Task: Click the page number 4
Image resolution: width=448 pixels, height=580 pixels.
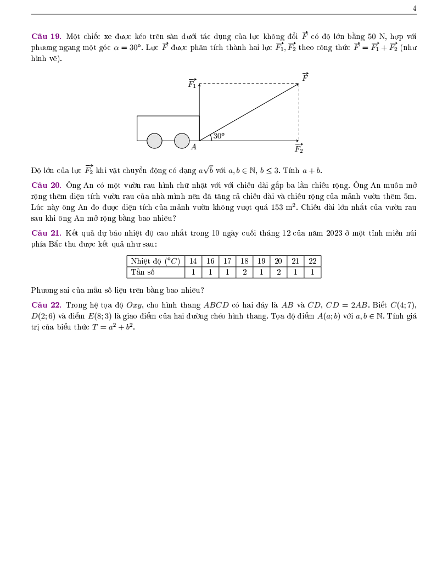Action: (415, 9)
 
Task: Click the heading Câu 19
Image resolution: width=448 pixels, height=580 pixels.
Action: (46, 37)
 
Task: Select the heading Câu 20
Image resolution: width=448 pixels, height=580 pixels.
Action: (46, 185)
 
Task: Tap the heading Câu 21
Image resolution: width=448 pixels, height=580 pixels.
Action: (46, 233)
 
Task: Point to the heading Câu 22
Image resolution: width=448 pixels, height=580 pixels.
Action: (46, 305)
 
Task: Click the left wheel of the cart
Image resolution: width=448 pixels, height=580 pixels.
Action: (154, 141)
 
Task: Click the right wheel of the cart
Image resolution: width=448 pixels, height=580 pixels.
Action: (182, 141)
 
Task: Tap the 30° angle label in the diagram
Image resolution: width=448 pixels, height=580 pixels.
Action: (219, 136)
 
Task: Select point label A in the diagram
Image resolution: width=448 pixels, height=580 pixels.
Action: (194, 147)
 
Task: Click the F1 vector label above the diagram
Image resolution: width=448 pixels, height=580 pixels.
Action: (192, 83)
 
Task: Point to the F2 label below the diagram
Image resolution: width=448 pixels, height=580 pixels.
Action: (299, 149)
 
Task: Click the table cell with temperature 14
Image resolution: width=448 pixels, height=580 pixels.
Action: (193, 261)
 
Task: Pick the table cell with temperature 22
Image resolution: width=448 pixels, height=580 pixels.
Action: (312, 261)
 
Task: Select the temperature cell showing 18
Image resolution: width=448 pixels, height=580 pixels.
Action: (244, 261)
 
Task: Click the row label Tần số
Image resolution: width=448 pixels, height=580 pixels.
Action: (143, 272)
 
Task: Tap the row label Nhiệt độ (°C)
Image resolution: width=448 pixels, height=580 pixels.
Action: (155, 261)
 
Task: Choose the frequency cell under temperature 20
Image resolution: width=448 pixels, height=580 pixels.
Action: (278, 272)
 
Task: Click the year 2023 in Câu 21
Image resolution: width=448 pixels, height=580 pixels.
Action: (334, 233)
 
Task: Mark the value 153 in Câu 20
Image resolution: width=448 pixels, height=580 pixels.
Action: (277, 207)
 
